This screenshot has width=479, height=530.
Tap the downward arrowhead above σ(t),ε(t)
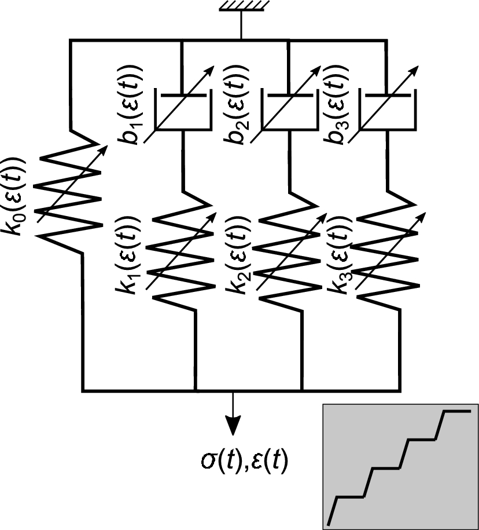pyautogui.click(x=233, y=425)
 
